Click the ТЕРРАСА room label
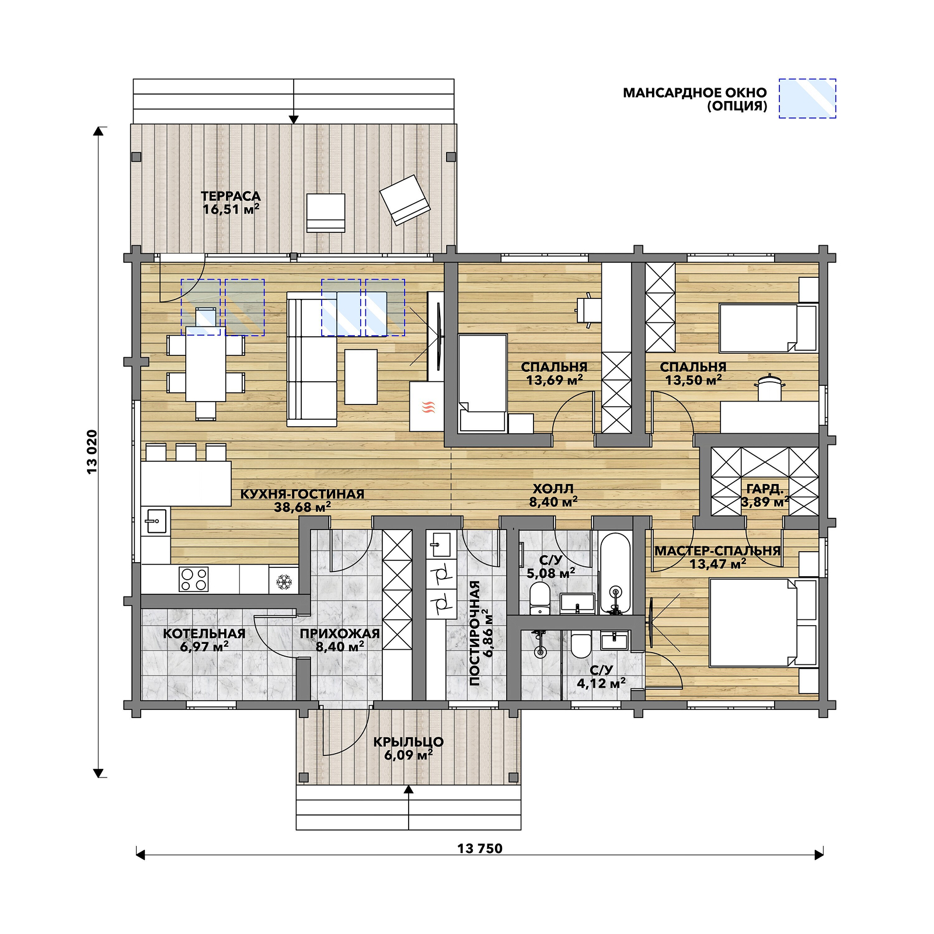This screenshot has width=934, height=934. tap(231, 196)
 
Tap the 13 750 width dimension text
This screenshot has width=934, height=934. tap(480, 849)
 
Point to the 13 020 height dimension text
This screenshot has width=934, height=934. tap(92, 452)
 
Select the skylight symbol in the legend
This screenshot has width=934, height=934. tap(807, 99)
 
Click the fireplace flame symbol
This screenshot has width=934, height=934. tap(428, 407)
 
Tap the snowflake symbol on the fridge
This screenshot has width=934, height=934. tap(284, 581)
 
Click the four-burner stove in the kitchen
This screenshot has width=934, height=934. tap(194, 579)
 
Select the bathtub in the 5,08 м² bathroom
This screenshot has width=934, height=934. tap(615, 573)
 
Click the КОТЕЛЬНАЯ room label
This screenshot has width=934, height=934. tap(204, 633)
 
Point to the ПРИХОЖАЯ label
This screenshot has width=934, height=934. tap(340, 633)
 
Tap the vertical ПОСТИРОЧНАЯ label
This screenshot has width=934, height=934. tap(475, 633)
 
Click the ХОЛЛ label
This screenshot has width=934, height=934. tap(553, 489)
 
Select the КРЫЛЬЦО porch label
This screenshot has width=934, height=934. tap(409, 742)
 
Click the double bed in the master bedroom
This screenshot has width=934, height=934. tap(763, 622)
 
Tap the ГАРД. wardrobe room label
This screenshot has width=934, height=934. tap(765, 489)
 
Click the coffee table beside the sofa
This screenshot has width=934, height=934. tap(361, 377)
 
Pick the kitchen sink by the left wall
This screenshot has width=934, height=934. tap(156, 521)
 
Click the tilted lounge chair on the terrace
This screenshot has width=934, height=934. tap(405, 200)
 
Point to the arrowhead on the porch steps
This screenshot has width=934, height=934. tap(409, 789)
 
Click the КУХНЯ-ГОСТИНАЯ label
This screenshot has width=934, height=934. tap(302, 494)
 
